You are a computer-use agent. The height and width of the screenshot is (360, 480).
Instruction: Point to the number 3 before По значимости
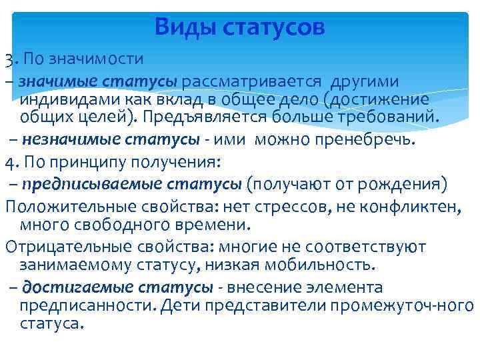(8, 61)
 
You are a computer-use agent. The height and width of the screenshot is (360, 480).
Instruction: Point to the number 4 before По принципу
(9, 162)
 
